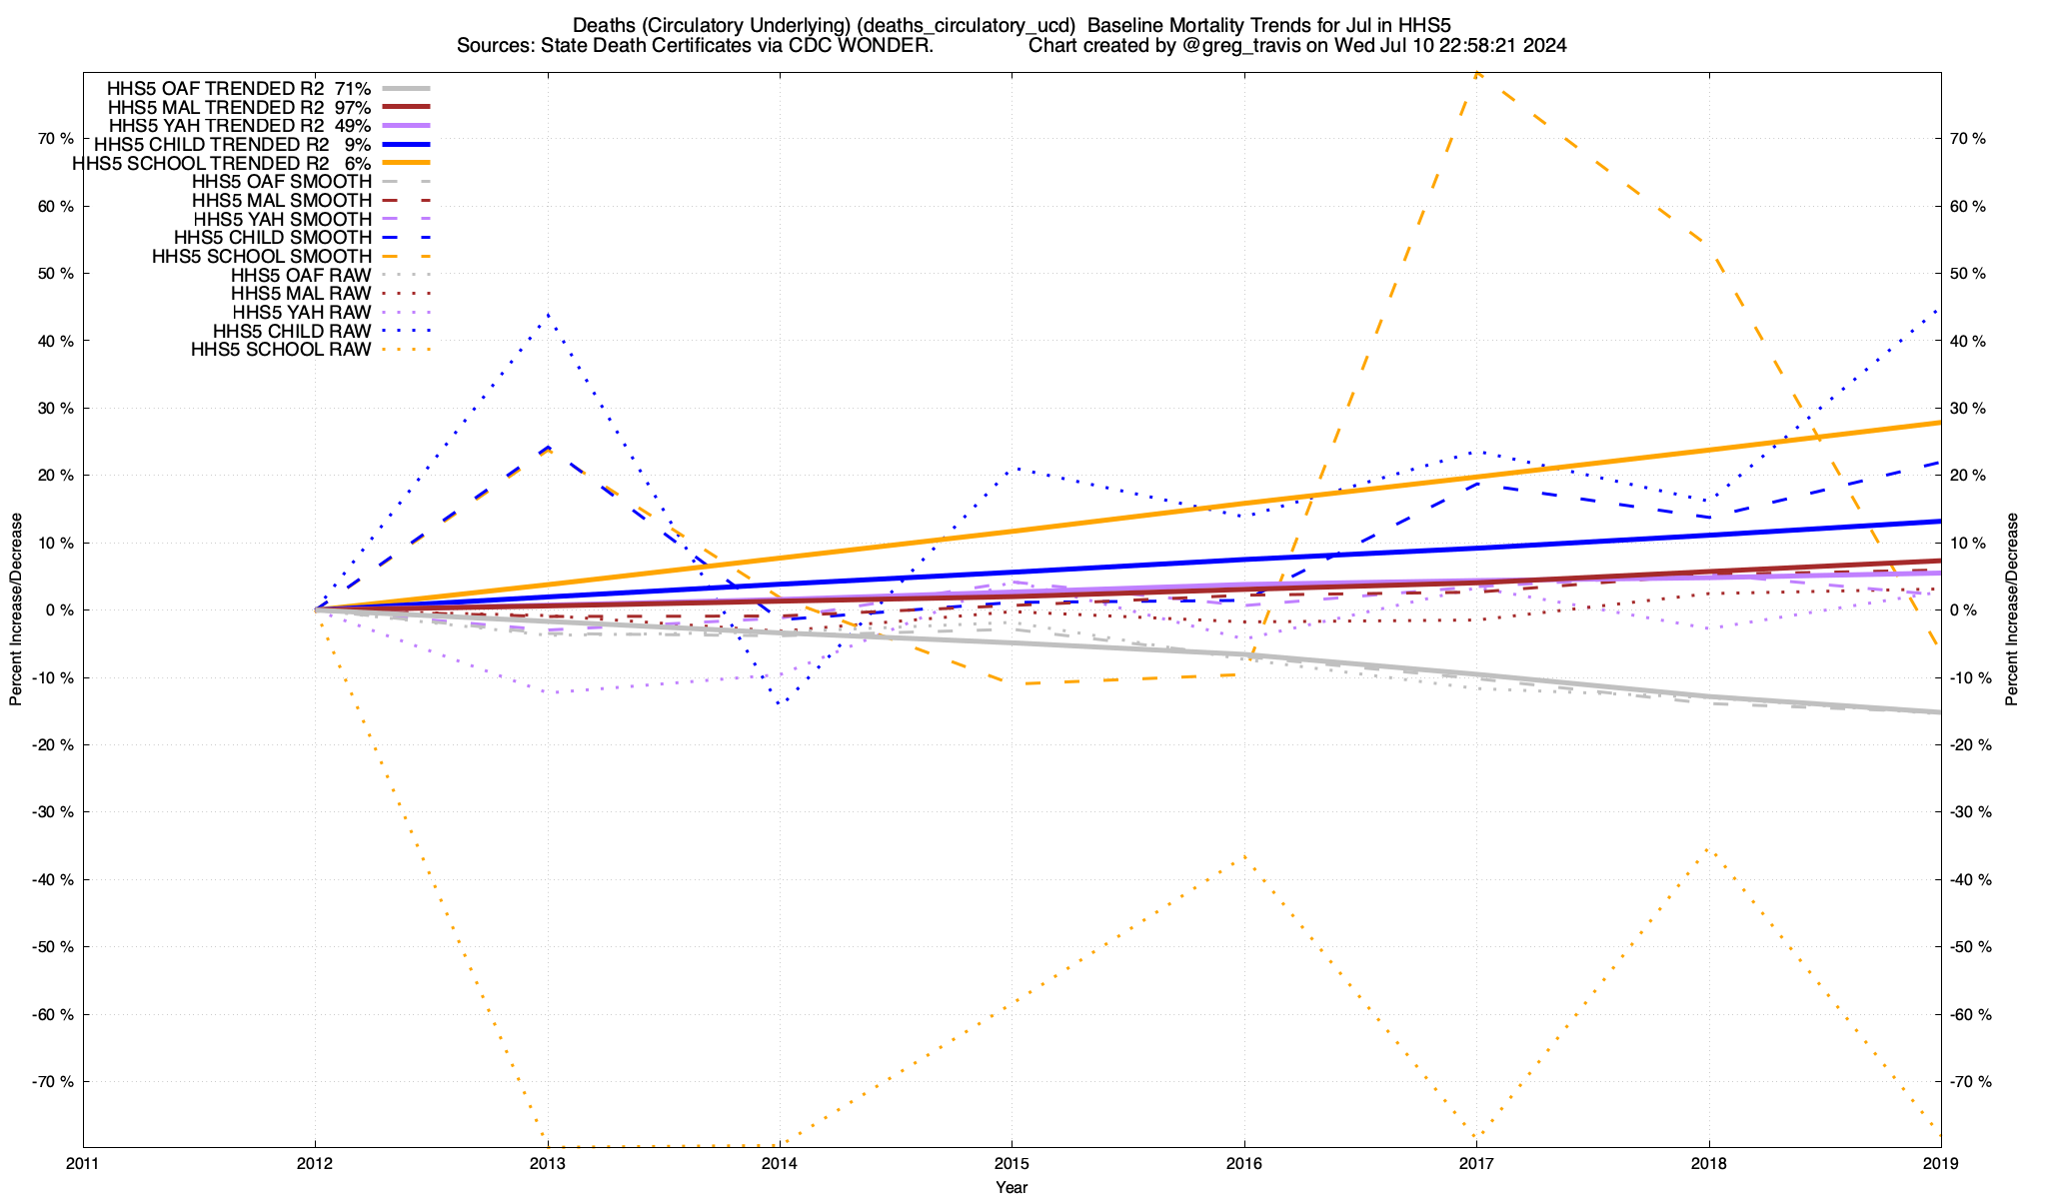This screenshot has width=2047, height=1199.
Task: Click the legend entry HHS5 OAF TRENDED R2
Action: pyautogui.click(x=215, y=88)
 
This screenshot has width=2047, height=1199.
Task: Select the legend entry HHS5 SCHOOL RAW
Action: pyautogui.click(x=281, y=350)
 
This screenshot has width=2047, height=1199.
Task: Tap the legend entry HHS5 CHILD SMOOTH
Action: pyautogui.click(x=272, y=238)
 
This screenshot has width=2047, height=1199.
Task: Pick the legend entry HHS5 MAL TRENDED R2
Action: pyautogui.click(x=215, y=107)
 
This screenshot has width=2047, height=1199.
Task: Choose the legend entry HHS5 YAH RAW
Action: pyautogui.click(x=300, y=313)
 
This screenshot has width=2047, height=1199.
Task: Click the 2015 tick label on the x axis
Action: pyautogui.click(x=1012, y=1164)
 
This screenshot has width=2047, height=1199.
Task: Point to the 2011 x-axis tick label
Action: pyautogui.click(x=83, y=1164)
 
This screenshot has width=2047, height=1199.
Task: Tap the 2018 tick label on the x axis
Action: pyautogui.click(x=1708, y=1164)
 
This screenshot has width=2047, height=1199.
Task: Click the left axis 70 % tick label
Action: pyautogui.click(x=54, y=139)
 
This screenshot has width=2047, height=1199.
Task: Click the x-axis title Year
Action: pyautogui.click(x=1012, y=1187)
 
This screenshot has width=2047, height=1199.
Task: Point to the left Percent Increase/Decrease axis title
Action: pyautogui.click(x=16, y=609)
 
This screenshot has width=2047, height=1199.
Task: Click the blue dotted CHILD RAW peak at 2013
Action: pyautogui.click(x=548, y=315)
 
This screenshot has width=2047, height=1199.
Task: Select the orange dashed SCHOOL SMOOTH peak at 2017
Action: pyautogui.click(x=1476, y=73)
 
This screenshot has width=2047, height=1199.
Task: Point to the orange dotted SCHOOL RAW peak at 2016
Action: pyautogui.click(x=1244, y=856)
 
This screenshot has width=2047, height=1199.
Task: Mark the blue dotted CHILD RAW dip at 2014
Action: pyautogui.click(x=779, y=703)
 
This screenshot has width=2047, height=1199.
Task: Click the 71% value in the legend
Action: pyautogui.click(x=353, y=88)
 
